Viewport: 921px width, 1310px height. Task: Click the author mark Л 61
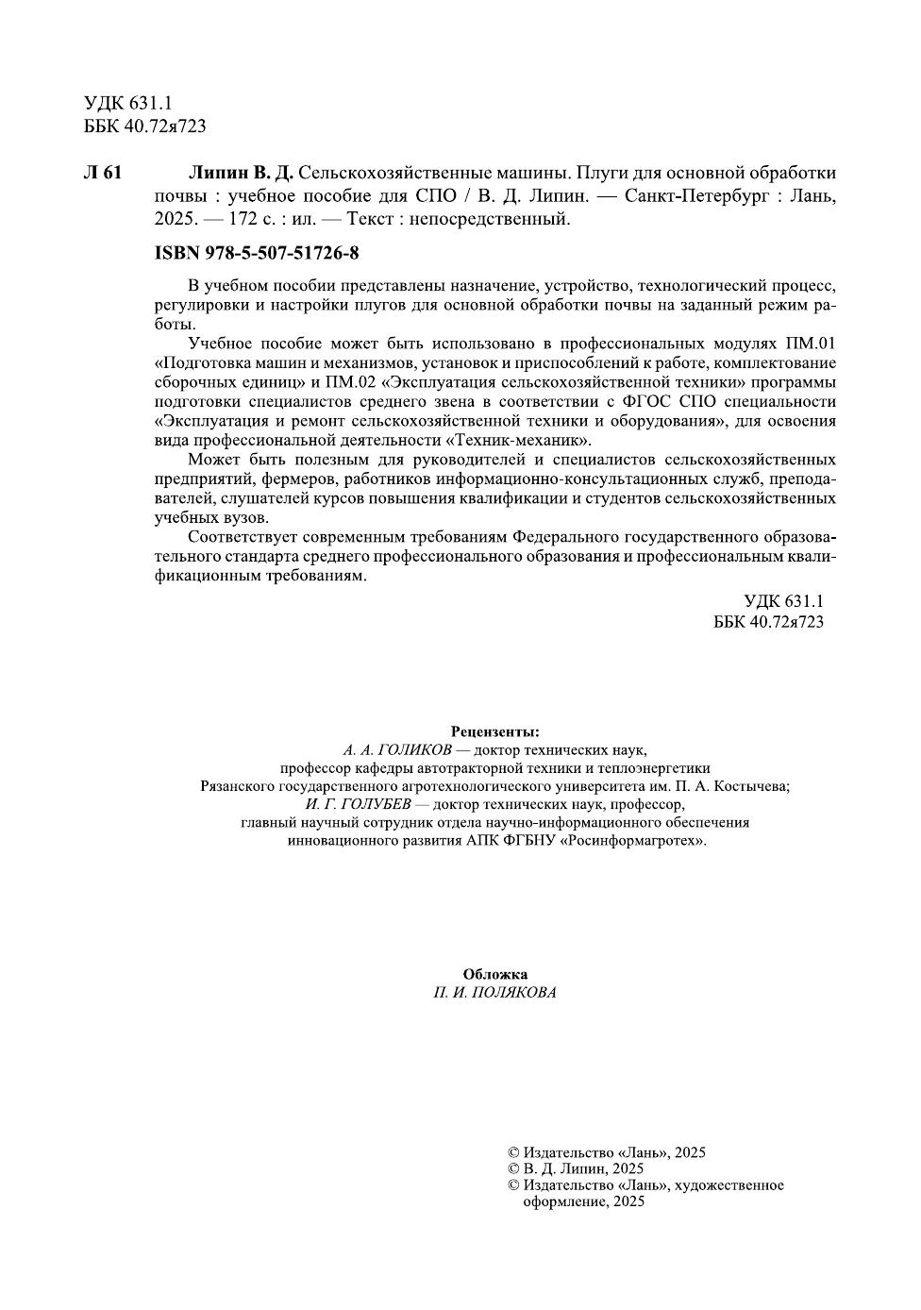(103, 173)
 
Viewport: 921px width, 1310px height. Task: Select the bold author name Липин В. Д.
(241, 173)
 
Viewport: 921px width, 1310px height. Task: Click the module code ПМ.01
(810, 343)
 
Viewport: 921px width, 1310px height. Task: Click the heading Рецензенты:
(495, 731)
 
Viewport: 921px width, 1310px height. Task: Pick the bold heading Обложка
(495, 974)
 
